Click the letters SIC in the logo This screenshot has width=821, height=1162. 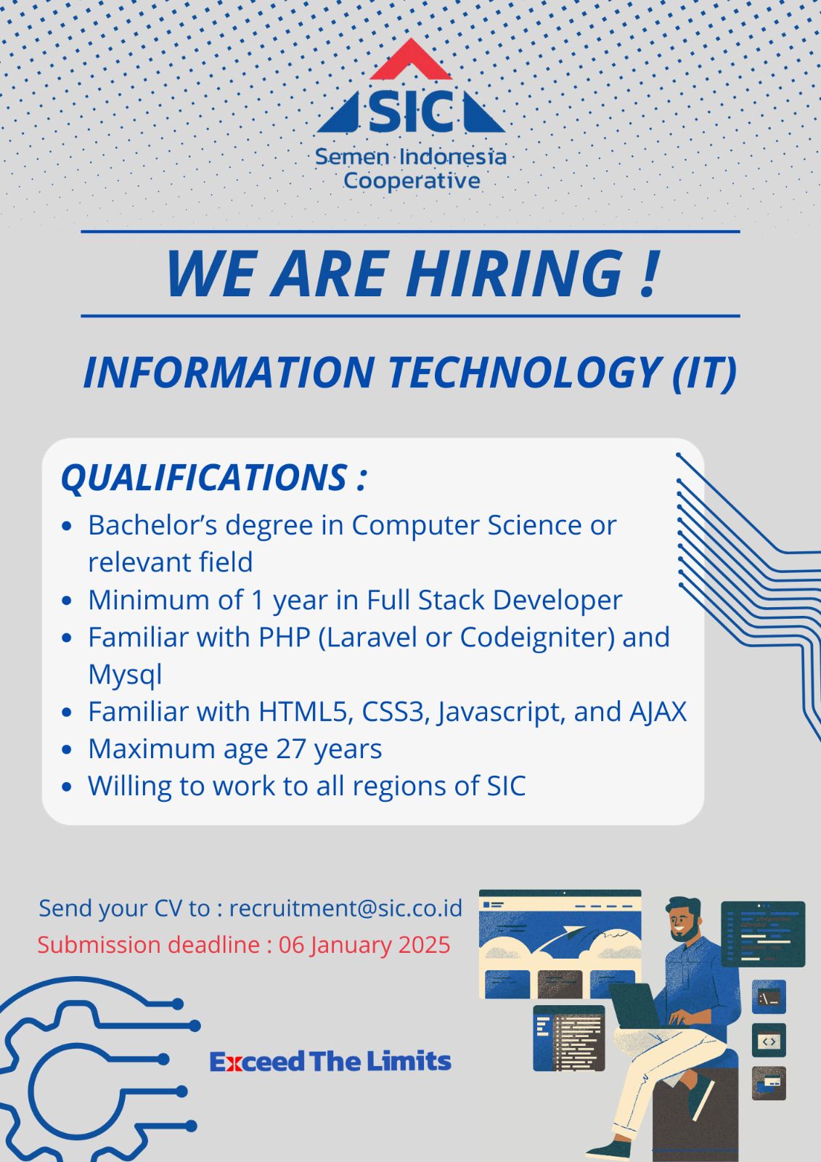point(411,112)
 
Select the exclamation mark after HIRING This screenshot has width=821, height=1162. point(648,273)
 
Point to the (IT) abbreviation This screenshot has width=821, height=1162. point(704,373)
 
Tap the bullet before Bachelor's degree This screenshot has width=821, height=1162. point(66,526)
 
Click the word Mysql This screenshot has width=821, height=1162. point(125,675)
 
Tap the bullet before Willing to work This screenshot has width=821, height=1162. point(66,787)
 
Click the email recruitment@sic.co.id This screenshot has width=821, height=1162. point(346,909)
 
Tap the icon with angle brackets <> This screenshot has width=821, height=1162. point(769,1039)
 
